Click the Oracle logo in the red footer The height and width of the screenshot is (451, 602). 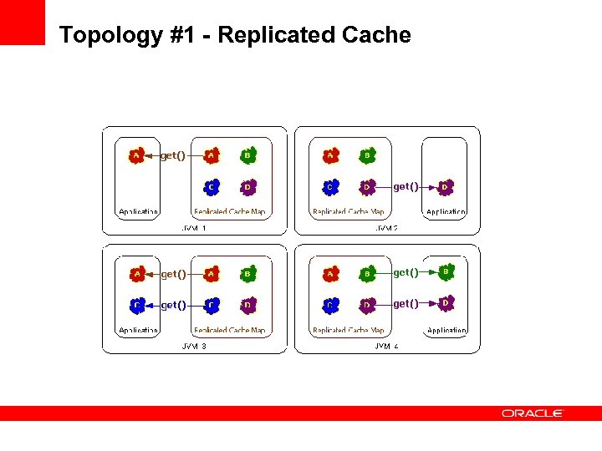point(533,413)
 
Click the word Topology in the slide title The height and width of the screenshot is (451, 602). point(105,35)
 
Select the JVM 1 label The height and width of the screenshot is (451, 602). point(194,227)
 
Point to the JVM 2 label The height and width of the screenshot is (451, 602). point(386,227)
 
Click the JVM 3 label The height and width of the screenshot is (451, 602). point(194,346)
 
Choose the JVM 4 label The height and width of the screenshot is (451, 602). point(386,346)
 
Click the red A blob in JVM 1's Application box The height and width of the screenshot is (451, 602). point(136,155)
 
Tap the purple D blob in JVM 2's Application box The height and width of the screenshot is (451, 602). point(446,186)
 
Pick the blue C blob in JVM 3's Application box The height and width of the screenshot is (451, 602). point(136,305)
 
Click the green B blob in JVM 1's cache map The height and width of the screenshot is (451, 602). point(247,155)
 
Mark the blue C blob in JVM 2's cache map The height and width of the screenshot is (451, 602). point(331,186)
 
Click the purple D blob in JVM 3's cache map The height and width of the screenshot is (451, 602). point(247,305)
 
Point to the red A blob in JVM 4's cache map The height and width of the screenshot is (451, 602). point(331,273)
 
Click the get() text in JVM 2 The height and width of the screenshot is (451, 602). point(406,186)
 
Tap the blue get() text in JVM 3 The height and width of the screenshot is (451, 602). point(173,305)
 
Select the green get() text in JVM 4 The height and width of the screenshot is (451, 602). point(406,272)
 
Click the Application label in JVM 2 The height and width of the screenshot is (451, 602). point(446,212)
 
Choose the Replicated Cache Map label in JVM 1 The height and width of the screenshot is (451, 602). point(229,212)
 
